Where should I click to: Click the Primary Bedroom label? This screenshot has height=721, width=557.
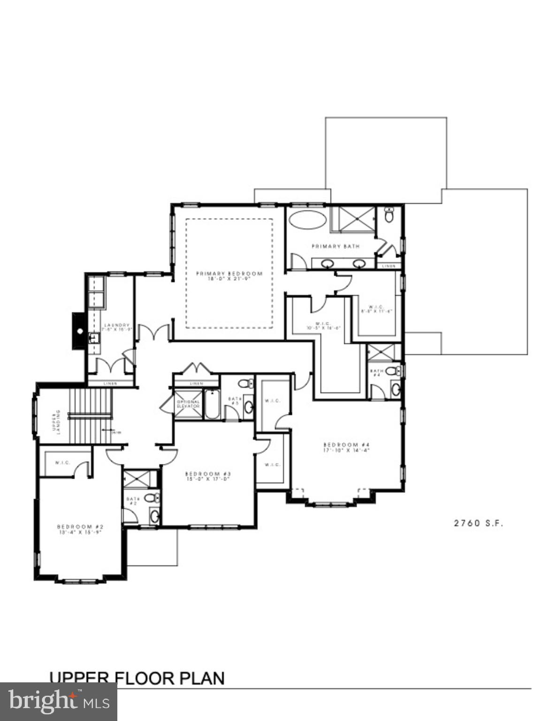click(x=229, y=276)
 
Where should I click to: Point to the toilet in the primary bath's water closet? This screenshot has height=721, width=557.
click(x=389, y=215)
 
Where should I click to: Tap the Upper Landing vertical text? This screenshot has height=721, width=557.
click(x=56, y=422)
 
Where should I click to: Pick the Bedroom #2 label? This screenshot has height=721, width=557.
click(x=80, y=529)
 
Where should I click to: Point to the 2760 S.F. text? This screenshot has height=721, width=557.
click(x=478, y=523)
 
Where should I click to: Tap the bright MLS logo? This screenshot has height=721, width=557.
click(x=58, y=701)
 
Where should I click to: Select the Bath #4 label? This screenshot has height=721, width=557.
click(x=376, y=373)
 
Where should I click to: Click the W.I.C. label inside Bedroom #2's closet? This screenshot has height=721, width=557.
click(x=62, y=463)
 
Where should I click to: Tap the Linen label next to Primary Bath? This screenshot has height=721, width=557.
click(x=389, y=266)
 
